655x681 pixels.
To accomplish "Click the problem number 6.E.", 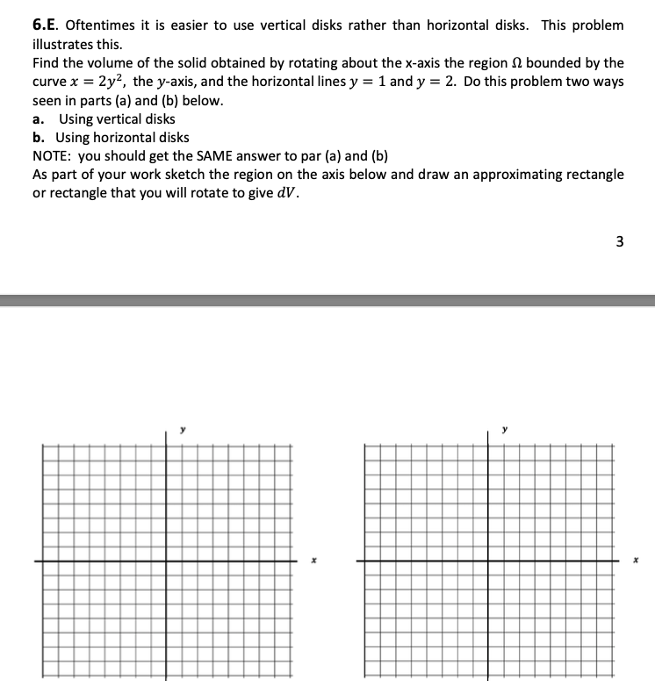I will [45, 25].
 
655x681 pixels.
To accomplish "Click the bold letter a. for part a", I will [38, 119].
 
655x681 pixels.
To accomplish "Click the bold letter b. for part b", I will [39, 138].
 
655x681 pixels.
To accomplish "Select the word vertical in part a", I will [118, 119].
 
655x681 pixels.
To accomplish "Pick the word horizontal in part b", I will [126, 138].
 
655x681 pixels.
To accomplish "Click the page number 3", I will [620, 243].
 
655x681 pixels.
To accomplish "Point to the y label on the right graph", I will [504, 430].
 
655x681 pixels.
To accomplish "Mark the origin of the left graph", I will [167, 560].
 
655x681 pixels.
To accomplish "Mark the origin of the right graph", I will [488, 560].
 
